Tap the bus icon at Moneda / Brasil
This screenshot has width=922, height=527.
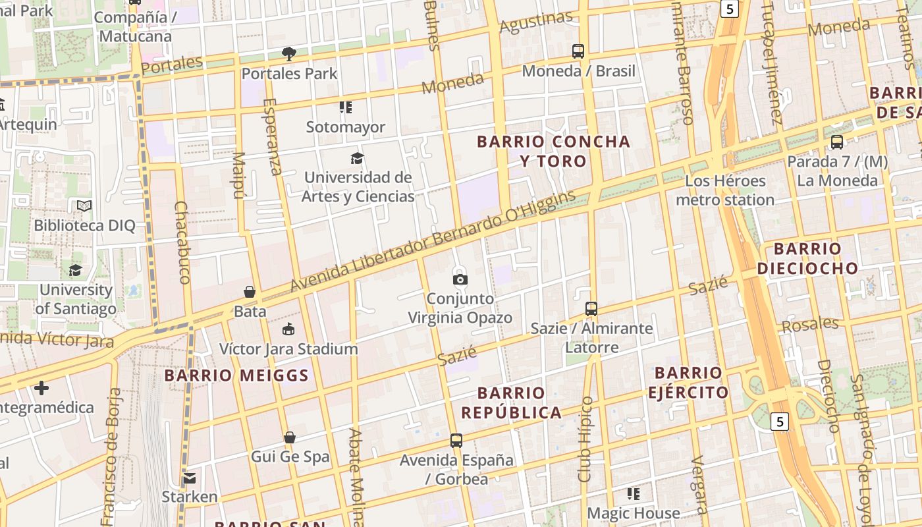pyautogui.click(x=578, y=51)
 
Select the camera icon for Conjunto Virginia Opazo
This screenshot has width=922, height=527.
pyautogui.click(x=460, y=279)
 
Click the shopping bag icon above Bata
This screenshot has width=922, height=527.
pyautogui.click(x=250, y=292)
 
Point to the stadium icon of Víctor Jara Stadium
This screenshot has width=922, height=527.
pyautogui.click(x=288, y=329)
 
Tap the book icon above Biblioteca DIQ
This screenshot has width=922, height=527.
pyautogui.click(x=84, y=206)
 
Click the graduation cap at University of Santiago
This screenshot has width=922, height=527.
pyautogui.click(x=76, y=271)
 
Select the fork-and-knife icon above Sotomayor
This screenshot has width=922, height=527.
pyautogui.click(x=346, y=107)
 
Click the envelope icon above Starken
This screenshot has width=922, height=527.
pyautogui.click(x=190, y=478)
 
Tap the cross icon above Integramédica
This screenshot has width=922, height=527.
pyautogui.click(x=41, y=388)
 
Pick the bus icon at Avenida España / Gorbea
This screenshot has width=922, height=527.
pyautogui.click(x=456, y=441)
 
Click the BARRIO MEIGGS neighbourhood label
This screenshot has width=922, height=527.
pyautogui.click(x=236, y=375)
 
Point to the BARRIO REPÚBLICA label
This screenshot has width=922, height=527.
pyautogui.click(x=511, y=403)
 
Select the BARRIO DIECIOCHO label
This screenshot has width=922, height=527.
pyautogui.click(x=807, y=258)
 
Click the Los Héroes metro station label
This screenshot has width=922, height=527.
pyautogui.click(x=725, y=190)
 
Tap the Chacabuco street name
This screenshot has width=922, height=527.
pyautogui.click(x=182, y=242)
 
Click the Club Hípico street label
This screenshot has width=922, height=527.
pyautogui.click(x=585, y=438)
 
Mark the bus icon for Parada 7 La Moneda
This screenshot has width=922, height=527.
pyautogui.click(x=837, y=142)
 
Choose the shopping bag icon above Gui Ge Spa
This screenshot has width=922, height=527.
pyautogui.click(x=289, y=438)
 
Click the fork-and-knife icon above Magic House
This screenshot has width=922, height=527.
pyautogui.click(x=634, y=494)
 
